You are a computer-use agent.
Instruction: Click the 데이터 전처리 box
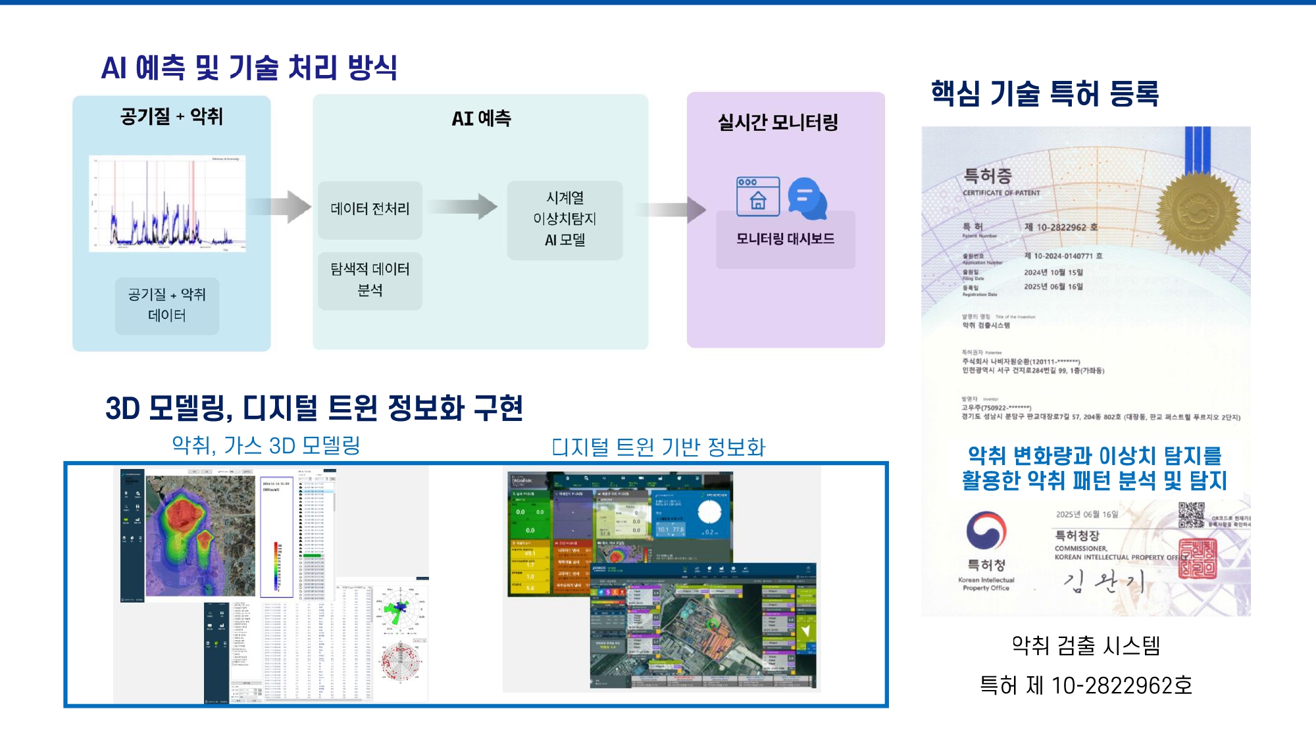point(370,209)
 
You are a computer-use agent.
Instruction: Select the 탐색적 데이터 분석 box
point(370,280)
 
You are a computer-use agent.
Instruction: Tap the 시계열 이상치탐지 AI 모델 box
point(565,219)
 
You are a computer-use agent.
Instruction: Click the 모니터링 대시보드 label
point(785,239)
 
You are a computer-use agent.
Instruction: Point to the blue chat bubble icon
point(808,198)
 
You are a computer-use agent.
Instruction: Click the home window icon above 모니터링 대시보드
point(758,196)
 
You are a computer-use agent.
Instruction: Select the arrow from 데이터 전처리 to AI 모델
point(464,207)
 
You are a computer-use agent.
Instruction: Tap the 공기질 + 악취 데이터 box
point(167,305)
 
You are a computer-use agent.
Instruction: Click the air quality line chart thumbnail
point(168,203)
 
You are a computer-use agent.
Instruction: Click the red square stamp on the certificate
point(1197,558)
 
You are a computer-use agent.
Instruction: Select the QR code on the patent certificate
point(1191,514)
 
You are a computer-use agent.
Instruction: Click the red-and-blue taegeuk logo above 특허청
point(986,530)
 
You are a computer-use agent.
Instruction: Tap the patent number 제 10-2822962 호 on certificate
point(1061,228)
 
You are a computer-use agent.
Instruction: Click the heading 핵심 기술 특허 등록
point(1045,93)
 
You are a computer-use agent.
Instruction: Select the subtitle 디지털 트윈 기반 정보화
point(659,447)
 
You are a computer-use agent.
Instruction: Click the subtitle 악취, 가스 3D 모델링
point(266,445)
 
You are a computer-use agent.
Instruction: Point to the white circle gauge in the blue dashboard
point(709,512)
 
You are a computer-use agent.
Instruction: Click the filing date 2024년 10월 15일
point(1053,272)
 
